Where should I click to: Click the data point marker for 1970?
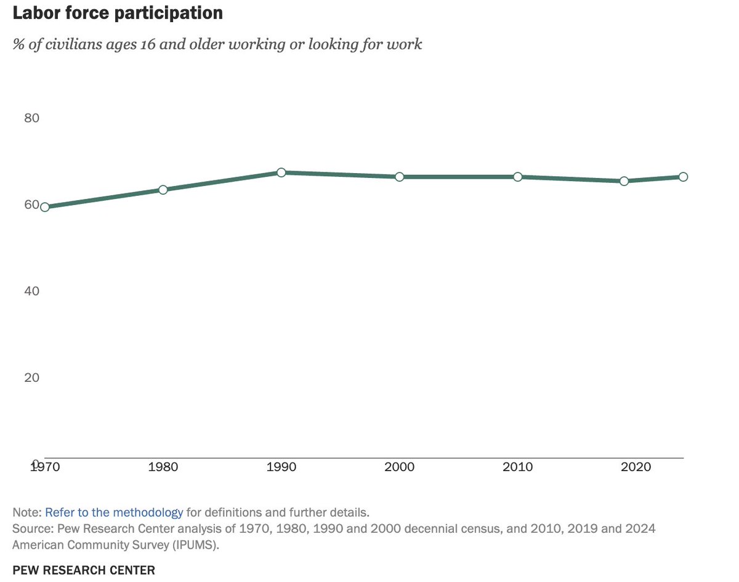point(44,207)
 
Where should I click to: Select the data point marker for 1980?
point(163,190)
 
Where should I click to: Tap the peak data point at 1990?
point(281,172)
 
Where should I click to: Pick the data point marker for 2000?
point(400,177)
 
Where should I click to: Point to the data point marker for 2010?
point(518,177)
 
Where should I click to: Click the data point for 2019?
point(624,181)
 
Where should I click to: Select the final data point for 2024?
point(683,177)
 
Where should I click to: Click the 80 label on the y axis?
point(31,118)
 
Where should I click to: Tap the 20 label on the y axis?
point(31,377)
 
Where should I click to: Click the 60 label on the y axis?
point(31,204)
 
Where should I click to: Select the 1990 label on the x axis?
point(281,467)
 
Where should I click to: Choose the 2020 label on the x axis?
point(636,467)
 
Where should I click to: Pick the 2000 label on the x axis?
point(400,467)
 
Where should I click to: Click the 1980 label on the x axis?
point(163,467)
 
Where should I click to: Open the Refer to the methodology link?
point(114,512)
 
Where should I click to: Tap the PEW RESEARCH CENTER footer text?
point(84,570)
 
